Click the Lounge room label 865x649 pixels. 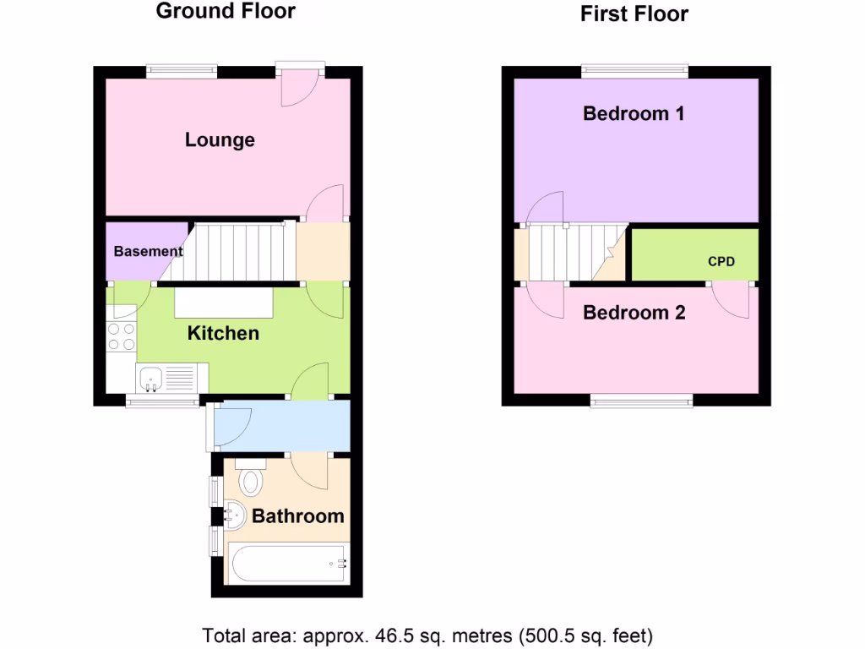[220, 140]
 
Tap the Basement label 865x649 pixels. [148, 251]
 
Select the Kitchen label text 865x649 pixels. [223, 333]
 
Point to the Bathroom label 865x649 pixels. [297, 515]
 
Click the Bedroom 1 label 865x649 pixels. [634, 113]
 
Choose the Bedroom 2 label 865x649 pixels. [634, 313]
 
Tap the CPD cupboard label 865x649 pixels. [721, 262]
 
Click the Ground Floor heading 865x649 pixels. [226, 11]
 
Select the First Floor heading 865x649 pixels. [634, 14]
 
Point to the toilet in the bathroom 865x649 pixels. [251, 479]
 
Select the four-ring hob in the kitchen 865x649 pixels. [122, 337]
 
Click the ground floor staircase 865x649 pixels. [237, 251]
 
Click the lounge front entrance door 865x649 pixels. [300, 85]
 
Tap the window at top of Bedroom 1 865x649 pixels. [634, 72]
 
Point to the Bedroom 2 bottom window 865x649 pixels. [641, 401]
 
